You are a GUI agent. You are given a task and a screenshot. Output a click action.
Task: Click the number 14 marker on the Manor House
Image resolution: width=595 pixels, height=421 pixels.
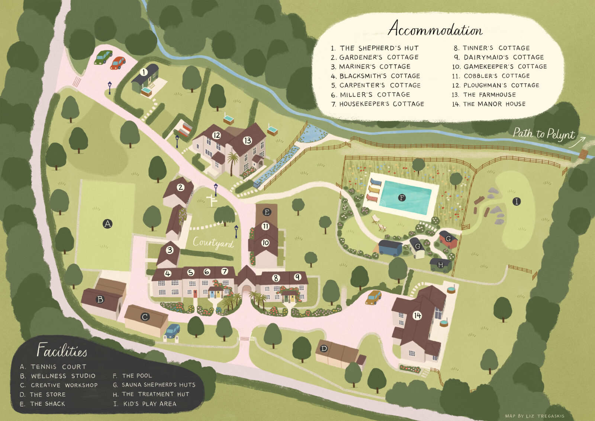pos(417,315)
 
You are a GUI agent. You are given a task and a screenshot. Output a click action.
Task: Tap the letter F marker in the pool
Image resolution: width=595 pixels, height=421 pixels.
pos(402,198)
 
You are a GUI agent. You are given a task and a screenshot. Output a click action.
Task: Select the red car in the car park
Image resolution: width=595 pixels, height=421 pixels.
pos(118,63)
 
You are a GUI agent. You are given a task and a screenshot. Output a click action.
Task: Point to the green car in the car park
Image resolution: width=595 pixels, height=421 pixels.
pos(103,57)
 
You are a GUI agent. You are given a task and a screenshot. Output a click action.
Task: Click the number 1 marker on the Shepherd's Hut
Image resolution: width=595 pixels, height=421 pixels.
pos(144,72)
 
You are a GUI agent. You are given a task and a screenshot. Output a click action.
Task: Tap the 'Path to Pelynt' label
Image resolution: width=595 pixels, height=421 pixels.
pos(543,134)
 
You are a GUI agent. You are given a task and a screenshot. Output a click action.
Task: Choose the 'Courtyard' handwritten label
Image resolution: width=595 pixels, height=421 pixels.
pos(213,243)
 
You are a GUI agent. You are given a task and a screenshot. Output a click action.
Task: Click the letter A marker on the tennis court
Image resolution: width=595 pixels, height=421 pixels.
pos(107,224)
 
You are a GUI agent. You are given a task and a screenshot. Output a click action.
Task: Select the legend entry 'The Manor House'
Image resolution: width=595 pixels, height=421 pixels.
pos(489,104)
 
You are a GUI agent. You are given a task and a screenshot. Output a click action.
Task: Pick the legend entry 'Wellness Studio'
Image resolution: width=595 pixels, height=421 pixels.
pos(58,376)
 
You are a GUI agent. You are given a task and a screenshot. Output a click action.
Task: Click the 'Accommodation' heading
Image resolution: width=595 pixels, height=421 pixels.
pos(435,28)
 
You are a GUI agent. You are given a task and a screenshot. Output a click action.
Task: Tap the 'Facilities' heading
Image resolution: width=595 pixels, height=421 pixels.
pos(62,350)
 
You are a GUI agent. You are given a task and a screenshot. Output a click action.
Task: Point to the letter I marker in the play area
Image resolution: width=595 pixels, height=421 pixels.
pos(517,201)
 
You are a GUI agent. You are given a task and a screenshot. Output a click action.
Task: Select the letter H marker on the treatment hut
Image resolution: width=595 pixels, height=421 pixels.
pos(440,265)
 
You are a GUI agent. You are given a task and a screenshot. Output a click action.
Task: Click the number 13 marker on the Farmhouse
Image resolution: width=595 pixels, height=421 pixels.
pos(247,140)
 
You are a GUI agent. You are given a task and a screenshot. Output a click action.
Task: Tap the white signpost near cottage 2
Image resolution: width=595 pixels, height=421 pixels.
pos(212,200)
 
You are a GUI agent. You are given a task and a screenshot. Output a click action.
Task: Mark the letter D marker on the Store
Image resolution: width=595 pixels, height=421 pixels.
pos(324,348)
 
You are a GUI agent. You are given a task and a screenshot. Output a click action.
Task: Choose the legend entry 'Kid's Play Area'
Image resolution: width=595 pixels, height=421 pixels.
pos(145,404)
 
